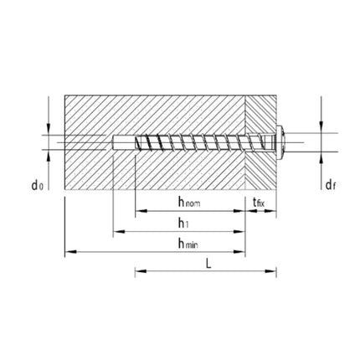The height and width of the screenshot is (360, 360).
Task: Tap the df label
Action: tap(331, 185)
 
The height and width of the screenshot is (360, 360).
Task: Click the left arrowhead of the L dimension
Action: tap(137, 270)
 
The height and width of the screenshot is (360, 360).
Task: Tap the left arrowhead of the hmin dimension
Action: tap(69, 250)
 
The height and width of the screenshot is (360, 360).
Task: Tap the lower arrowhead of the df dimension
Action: tap(320, 155)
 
